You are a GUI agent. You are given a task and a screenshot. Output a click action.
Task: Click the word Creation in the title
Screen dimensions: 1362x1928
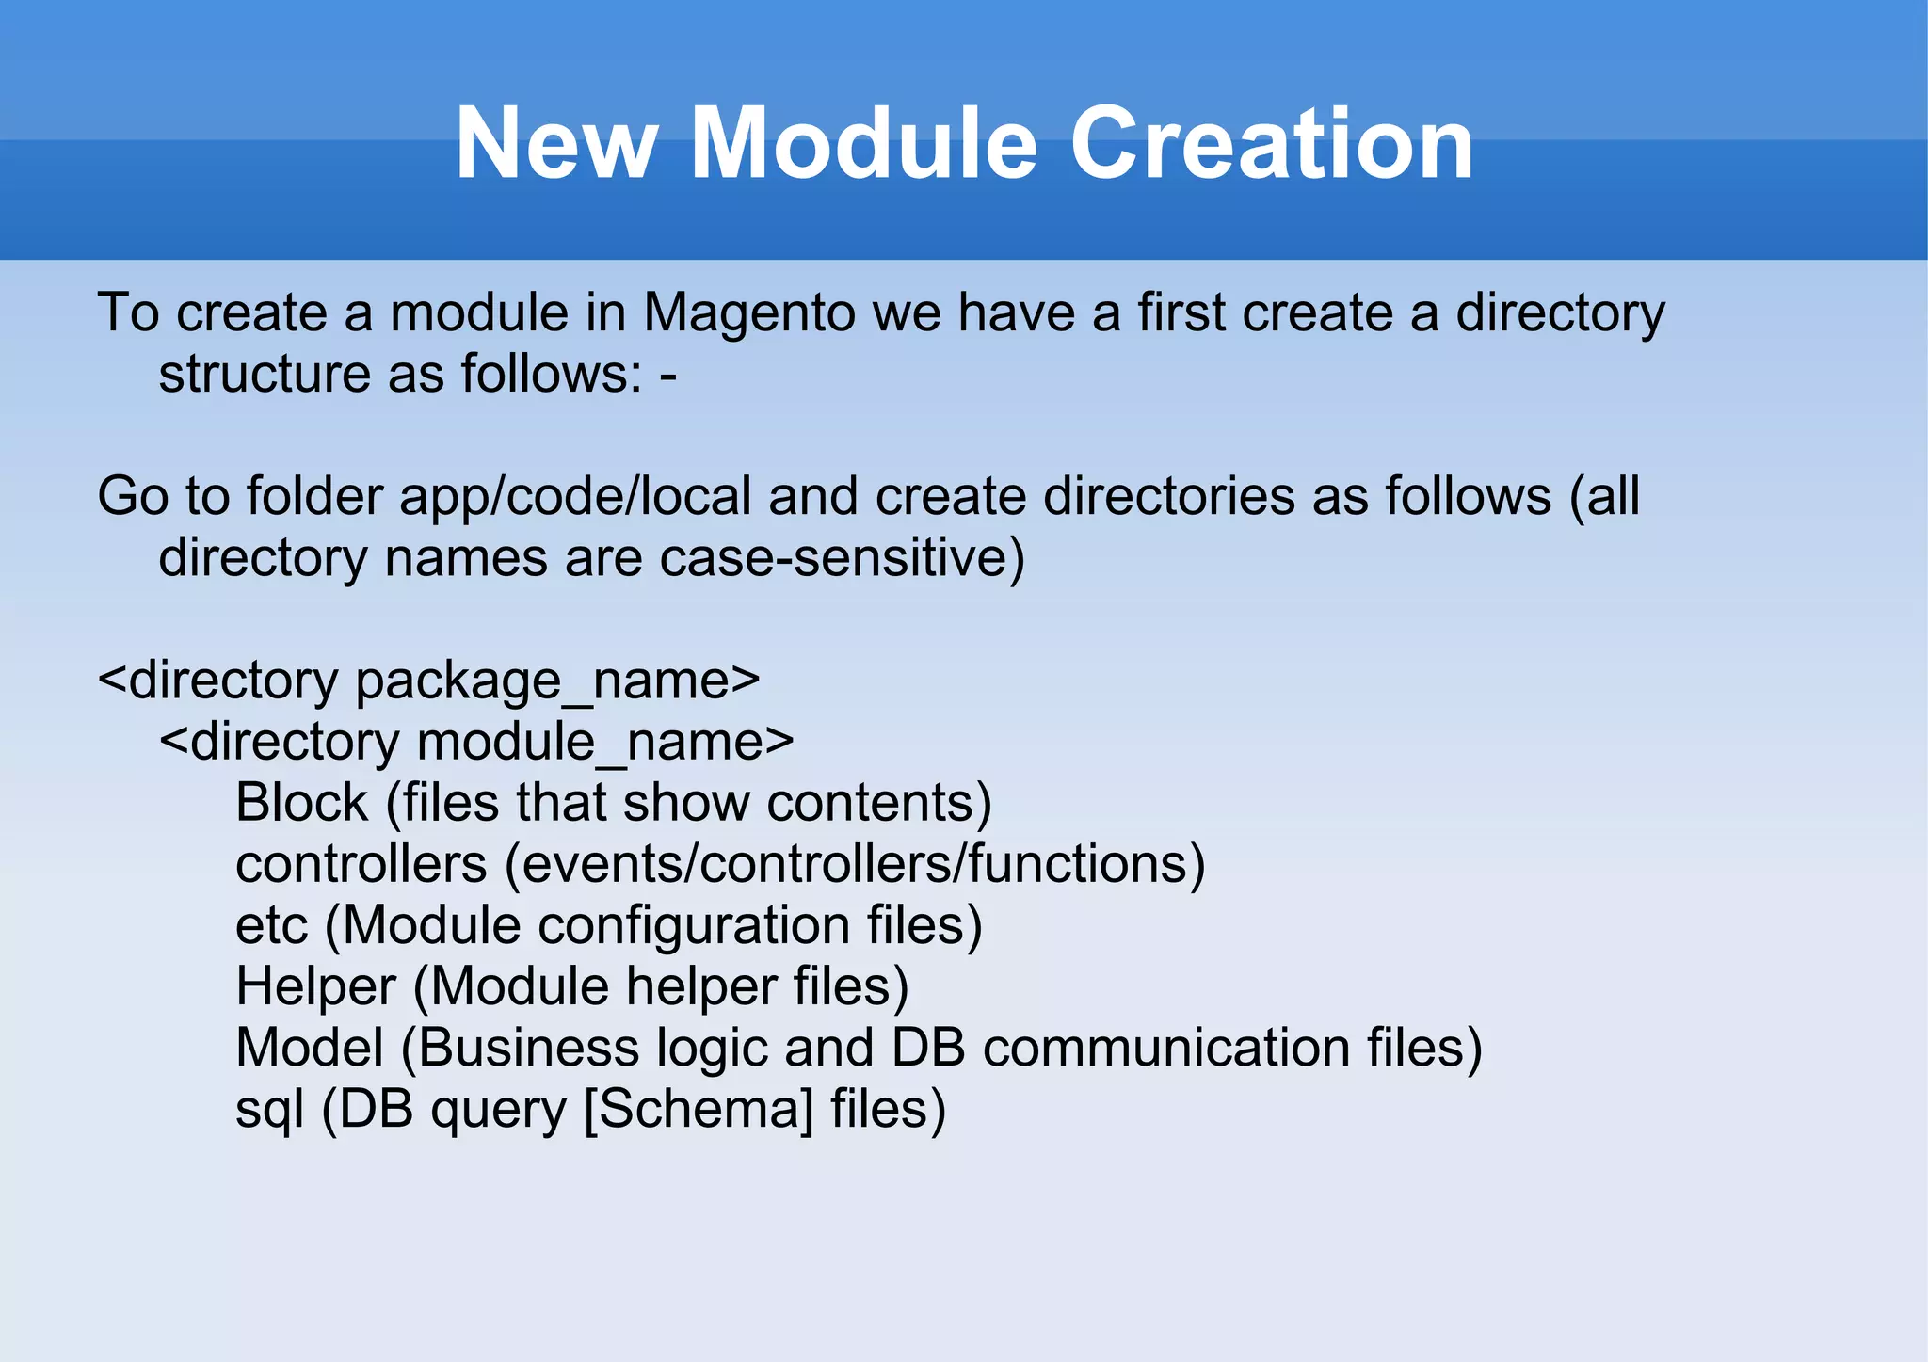click(x=1272, y=144)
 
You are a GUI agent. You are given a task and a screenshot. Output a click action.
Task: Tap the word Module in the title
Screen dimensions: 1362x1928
click(x=863, y=144)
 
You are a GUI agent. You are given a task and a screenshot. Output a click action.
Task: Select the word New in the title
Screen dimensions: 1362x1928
click(x=555, y=144)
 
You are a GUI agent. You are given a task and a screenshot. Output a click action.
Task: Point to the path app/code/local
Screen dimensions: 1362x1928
click(x=575, y=497)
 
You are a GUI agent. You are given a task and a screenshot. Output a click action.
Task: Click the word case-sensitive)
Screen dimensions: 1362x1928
click(x=843, y=558)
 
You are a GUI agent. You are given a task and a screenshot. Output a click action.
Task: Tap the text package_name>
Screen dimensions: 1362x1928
click(x=557, y=681)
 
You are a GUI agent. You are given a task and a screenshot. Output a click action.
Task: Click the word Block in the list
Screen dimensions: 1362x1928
click(x=301, y=803)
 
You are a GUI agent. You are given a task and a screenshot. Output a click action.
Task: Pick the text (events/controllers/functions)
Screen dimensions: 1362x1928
click(x=855, y=864)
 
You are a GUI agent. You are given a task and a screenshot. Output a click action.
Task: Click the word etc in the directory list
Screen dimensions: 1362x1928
click(x=271, y=925)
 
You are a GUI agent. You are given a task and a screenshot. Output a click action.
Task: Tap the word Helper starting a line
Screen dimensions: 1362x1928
click(x=315, y=986)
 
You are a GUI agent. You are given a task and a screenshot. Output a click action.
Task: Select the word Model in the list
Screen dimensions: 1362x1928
click(x=310, y=1048)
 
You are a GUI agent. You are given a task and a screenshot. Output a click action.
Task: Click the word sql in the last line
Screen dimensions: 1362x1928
click(x=269, y=1109)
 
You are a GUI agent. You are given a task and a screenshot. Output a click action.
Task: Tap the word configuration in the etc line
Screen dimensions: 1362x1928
click(x=694, y=925)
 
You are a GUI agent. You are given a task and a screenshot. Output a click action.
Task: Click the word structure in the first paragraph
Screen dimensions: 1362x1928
click(x=265, y=375)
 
